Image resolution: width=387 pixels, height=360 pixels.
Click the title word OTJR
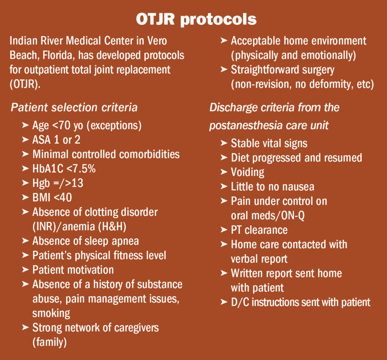click(155, 19)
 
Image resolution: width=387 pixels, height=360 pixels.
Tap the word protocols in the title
click(218, 20)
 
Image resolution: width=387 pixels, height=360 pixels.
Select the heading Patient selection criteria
click(74, 108)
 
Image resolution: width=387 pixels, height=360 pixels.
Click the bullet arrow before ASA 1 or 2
click(25, 140)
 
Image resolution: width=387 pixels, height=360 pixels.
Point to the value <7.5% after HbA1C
click(81, 169)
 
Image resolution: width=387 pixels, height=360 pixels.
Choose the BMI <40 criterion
click(52, 198)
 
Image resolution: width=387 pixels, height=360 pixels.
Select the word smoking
click(51, 314)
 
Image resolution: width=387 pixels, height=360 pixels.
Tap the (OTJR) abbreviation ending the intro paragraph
click(25, 84)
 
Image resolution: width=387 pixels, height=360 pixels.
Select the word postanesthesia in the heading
click(246, 125)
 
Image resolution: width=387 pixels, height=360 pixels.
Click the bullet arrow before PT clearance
click(224, 230)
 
